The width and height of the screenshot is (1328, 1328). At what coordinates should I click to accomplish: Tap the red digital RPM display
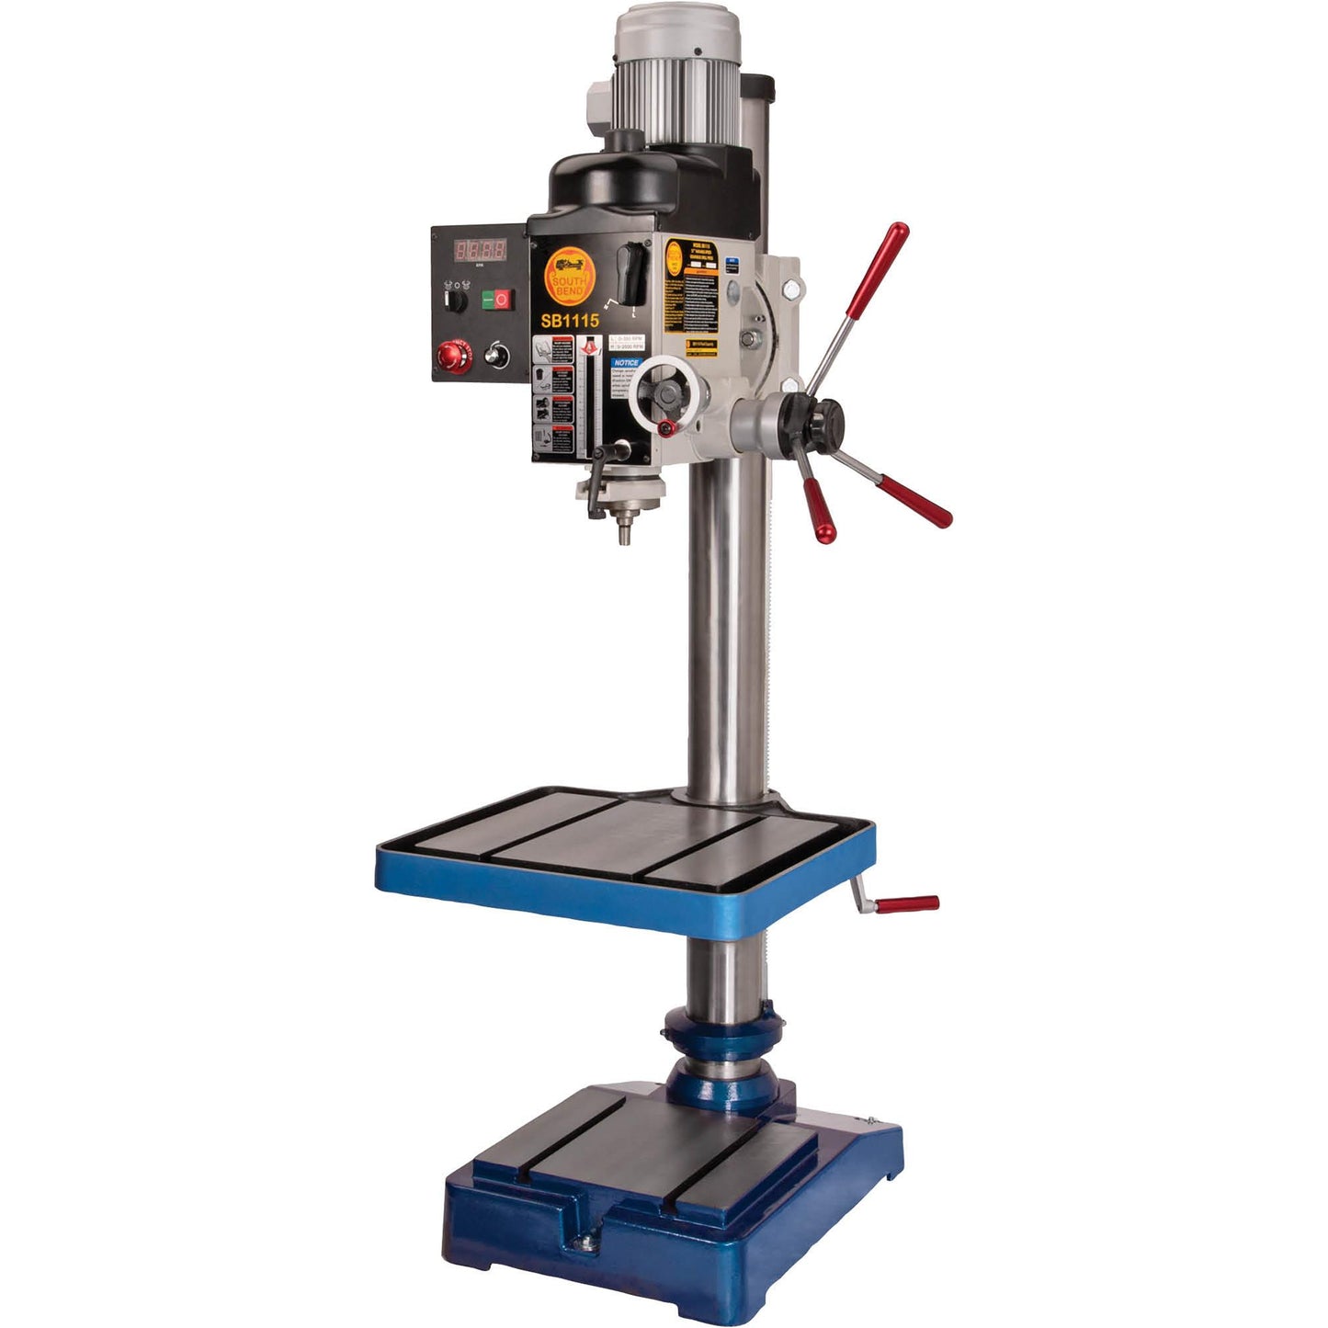[482, 250]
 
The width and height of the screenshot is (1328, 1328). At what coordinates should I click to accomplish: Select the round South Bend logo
[570, 277]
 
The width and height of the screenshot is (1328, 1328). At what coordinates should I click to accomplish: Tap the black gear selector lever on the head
[632, 273]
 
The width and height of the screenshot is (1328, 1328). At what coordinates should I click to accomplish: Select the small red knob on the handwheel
[667, 427]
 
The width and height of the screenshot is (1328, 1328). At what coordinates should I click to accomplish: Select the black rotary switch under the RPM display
[455, 297]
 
